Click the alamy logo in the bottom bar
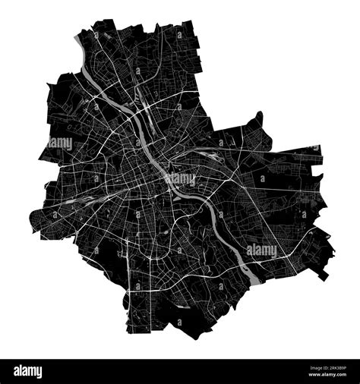27,372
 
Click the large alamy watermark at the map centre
181,179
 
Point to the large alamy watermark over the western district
60,143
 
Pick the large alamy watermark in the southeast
262,250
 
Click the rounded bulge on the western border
33,220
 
